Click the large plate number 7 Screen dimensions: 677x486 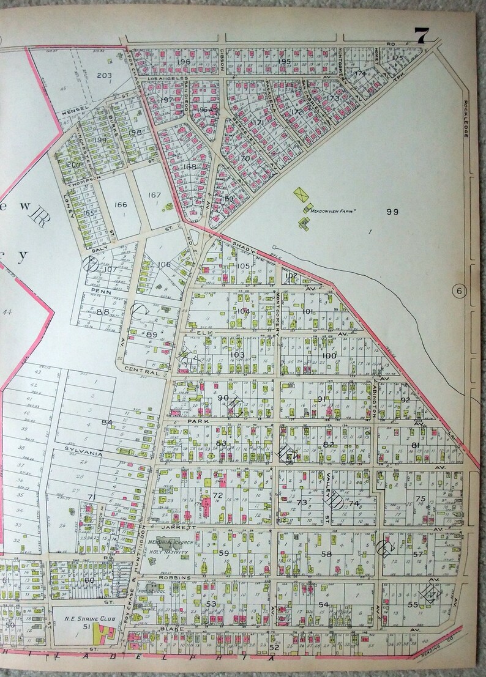click(x=420, y=37)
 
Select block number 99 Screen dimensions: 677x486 click(x=392, y=212)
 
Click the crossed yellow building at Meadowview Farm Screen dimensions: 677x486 click(x=301, y=193)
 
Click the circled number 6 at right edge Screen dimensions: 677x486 click(x=460, y=290)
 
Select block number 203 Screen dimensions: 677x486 click(x=105, y=75)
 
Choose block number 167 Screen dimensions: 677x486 click(x=154, y=196)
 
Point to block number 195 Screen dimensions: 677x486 click(x=283, y=62)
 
